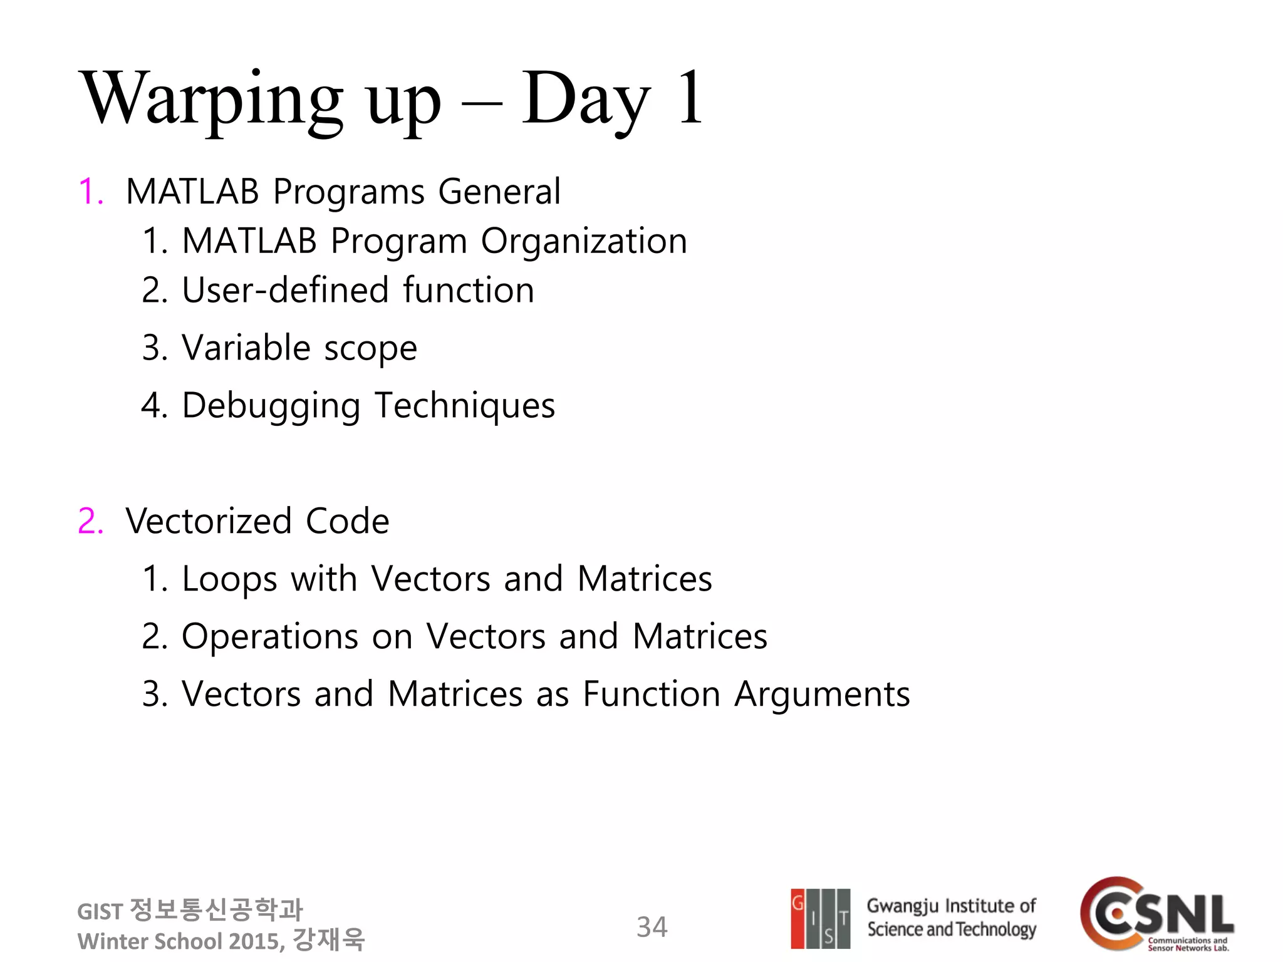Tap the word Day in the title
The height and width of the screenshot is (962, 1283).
pos(585,100)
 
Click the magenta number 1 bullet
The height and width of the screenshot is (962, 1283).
pos(90,192)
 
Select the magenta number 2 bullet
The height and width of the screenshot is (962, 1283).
pos(90,521)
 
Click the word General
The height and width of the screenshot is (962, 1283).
pos(499,192)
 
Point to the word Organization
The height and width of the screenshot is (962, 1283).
pos(584,241)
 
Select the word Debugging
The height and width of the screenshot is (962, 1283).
pos(271,406)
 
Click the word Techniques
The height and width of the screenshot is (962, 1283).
pos(464,405)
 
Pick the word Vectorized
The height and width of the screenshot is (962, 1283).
pos(209,521)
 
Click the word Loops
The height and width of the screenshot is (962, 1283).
pos(229,579)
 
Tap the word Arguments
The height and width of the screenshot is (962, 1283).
pos(821,695)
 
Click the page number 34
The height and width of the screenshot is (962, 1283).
pos(652,928)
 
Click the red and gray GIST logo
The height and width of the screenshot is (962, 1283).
pos(820,919)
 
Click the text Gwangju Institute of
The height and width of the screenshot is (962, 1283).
pos(950,906)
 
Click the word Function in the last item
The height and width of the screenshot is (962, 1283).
pos(651,695)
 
